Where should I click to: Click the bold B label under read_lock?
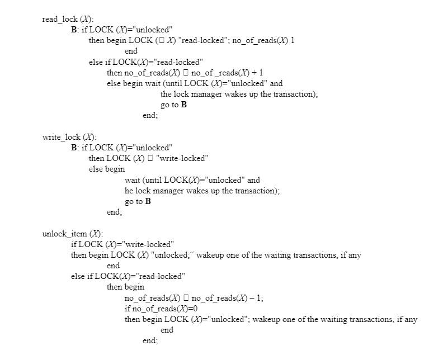pos(74,30)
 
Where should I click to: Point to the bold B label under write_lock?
pos(74,148)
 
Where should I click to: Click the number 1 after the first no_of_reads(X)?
pos(293,41)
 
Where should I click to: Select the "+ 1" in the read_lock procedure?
pos(258,73)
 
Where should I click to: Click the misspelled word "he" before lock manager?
pos(129,191)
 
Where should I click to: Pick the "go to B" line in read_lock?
pos(173,105)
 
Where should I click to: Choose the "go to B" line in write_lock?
pos(138,201)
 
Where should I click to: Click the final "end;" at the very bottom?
pos(150,340)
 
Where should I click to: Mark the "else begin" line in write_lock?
pos(106,169)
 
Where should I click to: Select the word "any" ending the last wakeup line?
pos(411,319)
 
